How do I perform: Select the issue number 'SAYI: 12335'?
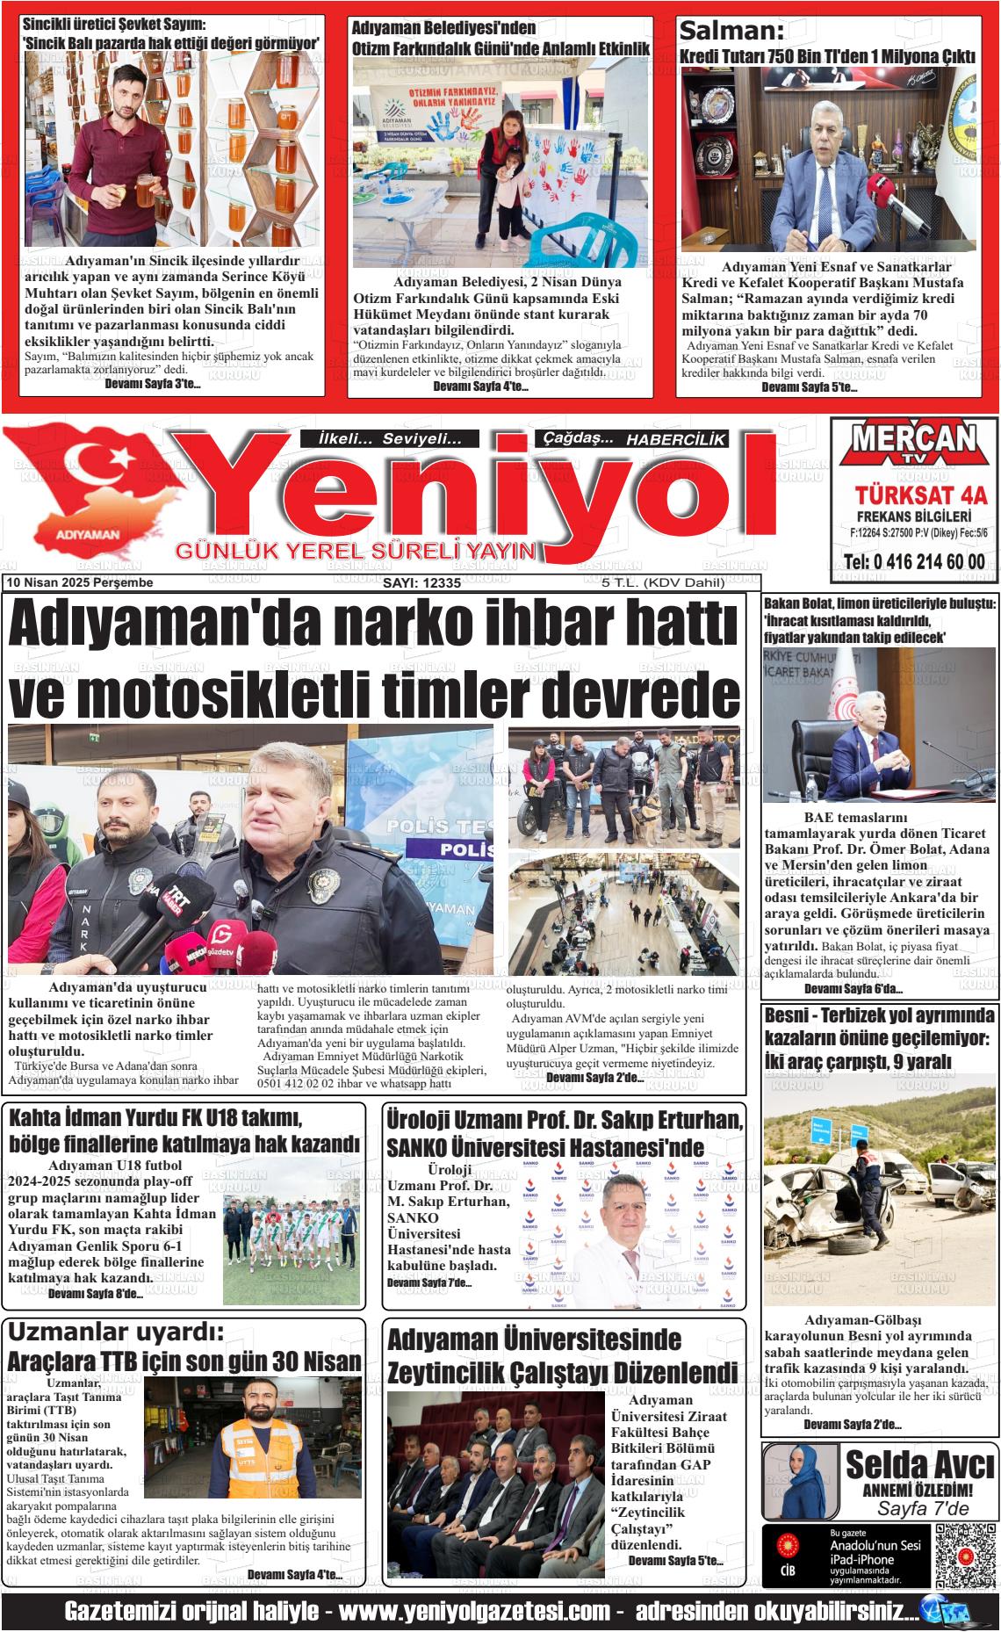(421, 583)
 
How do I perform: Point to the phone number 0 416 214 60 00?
(913, 562)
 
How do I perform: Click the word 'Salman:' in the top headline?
(731, 32)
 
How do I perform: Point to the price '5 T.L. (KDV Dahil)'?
(663, 583)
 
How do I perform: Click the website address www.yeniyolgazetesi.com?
(474, 1613)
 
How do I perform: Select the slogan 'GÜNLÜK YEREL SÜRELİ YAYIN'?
(356, 552)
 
